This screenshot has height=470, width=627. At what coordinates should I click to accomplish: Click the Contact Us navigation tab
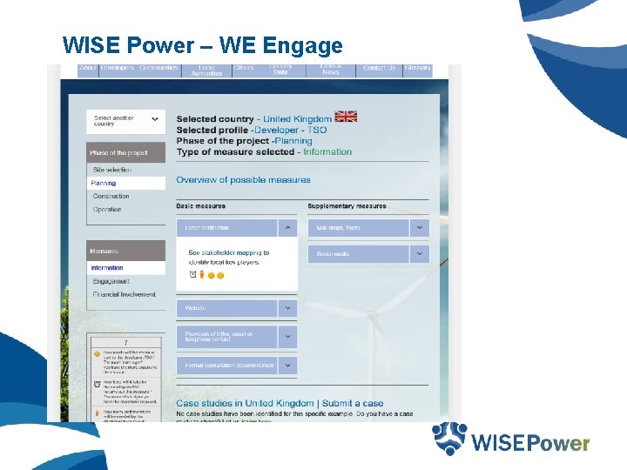379,69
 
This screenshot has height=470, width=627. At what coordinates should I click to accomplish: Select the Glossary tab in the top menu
417,69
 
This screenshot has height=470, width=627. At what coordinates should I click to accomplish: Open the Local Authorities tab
206,70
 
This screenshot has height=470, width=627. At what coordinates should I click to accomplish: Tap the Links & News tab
331,70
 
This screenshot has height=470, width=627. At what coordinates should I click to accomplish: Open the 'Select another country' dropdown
126,121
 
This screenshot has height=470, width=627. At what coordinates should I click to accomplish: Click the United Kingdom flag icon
347,117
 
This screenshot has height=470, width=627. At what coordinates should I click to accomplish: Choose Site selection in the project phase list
112,171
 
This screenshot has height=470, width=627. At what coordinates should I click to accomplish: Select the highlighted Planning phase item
104,184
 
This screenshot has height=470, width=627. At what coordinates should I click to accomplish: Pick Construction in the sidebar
111,197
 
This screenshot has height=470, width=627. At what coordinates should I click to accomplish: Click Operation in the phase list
107,210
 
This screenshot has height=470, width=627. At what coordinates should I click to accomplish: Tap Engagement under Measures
111,281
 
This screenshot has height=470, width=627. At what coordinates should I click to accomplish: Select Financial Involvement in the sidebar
125,294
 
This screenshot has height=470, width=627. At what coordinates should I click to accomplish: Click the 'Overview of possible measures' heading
243,180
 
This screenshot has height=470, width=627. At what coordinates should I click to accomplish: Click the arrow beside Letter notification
288,228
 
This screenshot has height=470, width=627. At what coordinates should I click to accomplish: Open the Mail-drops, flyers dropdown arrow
420,228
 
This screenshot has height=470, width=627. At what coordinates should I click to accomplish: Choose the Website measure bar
226,308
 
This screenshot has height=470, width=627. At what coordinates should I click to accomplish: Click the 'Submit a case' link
353,404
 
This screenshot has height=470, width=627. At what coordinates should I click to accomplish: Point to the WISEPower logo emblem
449,439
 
